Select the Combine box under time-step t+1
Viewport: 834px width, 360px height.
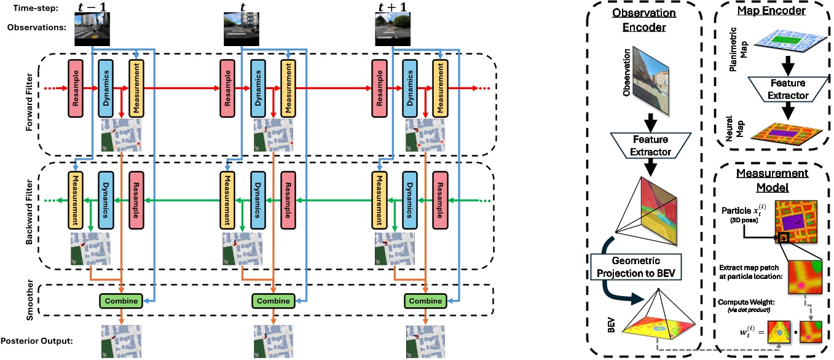425,301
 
